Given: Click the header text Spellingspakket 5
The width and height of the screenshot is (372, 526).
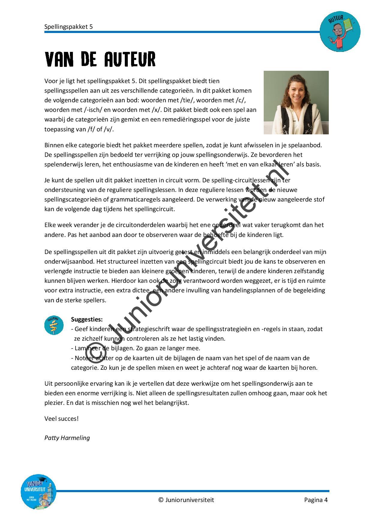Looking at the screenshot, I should coord(68,27).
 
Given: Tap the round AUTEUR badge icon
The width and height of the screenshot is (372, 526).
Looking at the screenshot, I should coord(340,32).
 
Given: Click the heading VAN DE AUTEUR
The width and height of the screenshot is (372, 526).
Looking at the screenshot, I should coord(100,59).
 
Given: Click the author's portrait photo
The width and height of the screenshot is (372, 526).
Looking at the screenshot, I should coord(296,103).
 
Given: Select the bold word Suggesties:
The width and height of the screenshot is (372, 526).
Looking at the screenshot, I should coord(87,319).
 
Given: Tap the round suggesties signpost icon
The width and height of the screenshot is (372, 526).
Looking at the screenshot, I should coord(54,325).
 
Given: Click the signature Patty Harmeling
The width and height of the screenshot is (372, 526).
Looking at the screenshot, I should coord(67,438).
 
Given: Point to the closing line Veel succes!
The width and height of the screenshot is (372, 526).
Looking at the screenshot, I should coord(61,419).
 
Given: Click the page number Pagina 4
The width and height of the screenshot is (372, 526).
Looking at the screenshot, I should coord(316,500).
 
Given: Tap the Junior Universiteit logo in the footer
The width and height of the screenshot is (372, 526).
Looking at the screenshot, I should coord(38,492).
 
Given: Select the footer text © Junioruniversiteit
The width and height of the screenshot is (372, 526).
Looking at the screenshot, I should coord(186,500).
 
